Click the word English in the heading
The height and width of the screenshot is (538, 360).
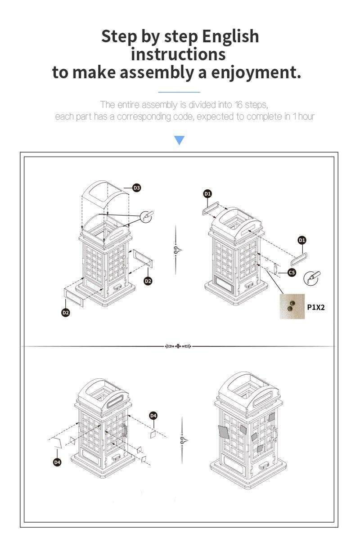tap(230, 37)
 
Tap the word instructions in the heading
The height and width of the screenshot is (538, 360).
tap(178, 54)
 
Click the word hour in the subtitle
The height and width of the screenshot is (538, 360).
tap(306, 117)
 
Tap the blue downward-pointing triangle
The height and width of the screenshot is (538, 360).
tap(179, 140)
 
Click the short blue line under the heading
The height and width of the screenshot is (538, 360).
tap(179, 92)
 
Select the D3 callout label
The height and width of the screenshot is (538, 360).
tap(137, 188)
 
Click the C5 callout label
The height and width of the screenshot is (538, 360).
tap(292, 273)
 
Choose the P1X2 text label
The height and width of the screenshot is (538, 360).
tap(316, 307)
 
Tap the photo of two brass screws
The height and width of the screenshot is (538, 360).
tap(292, 306)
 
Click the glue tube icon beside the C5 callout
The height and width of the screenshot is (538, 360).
tap(311, 277)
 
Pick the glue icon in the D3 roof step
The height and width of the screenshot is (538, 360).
tap(147, 216)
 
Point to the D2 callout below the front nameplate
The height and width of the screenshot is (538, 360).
tap(66, 312)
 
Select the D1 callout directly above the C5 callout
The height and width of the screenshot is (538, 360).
tap(301, 240)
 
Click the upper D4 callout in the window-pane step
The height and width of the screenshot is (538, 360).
tap(153, 416)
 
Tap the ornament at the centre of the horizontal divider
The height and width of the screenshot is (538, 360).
tap(178, 346)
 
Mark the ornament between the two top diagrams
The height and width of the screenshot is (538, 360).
tap(177, 250)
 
